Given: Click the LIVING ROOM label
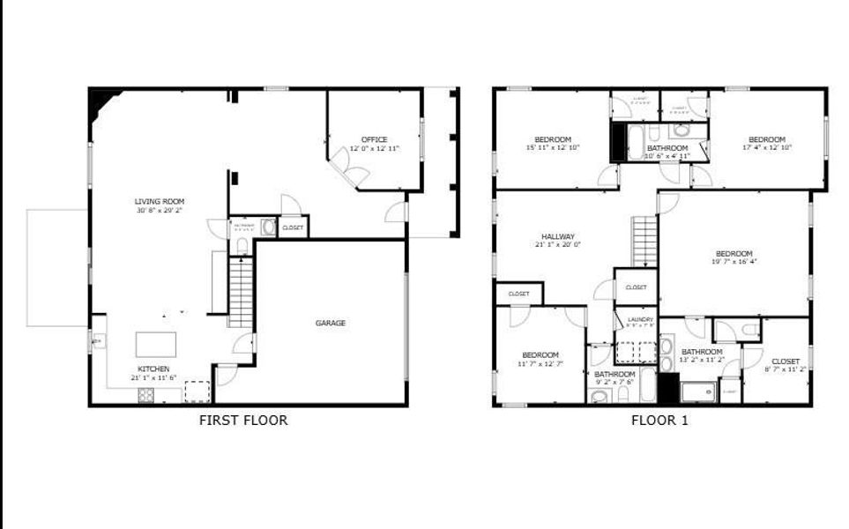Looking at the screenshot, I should tap(160, 201).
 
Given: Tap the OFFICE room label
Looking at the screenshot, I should tap(374, 139).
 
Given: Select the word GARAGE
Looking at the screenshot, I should tap(331, 323).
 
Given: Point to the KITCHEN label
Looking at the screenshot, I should tap(153, 369).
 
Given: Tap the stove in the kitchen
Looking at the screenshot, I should tap(147, 396).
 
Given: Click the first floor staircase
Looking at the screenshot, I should tap(241, 291).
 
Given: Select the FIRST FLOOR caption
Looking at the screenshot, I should tap(243, 421).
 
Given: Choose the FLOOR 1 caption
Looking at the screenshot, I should tap(659, 421).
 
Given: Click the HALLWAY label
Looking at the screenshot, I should tap(557, 236).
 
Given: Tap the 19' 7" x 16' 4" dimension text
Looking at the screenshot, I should tap(734, 261).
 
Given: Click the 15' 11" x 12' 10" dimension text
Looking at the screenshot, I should tap(553, 147).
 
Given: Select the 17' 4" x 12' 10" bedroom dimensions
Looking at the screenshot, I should tap(767, 147).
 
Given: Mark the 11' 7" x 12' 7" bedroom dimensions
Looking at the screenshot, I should tap(540, 363).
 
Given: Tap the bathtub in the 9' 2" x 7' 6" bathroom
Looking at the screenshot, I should tap(649, 385).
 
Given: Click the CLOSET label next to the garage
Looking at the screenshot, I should tap(293, 227).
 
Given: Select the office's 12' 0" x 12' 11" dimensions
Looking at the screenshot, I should tap(374, 148).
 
